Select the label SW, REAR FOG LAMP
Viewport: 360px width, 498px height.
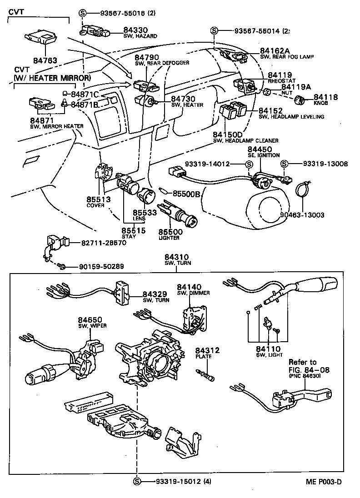(286, 57)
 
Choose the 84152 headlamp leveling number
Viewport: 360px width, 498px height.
(271, 110)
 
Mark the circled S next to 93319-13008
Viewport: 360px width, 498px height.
(284, 164)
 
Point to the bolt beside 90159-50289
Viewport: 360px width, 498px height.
(63, 265)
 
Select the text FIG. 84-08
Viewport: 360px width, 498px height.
(309, 370)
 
